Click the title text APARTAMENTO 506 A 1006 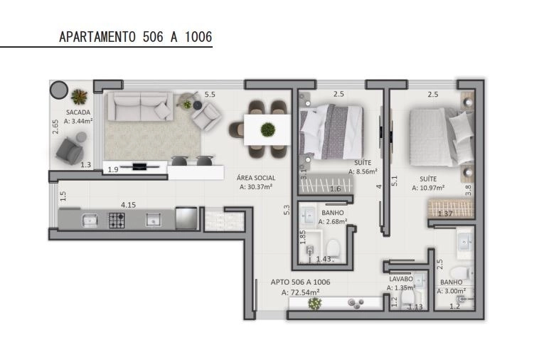click(x=135, y=37)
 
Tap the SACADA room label click(x=78, y=112)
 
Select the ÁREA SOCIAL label click(x=256, y=178)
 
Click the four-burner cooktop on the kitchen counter click(x=117, y=221)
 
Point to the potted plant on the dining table click(x=268, y=129)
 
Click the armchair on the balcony click(x=70, y=151)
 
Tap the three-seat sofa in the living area click(x=140, y=106)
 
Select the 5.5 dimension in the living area click(x=210, y=95)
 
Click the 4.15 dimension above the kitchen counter click(x=128, y=205)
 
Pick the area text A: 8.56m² click(x=363, y=171)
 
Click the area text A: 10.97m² click(x=428, y=188)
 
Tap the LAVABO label click(x=401, y=279)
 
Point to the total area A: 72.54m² click(x=300, y=292)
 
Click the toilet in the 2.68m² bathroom click(x=333, y=248)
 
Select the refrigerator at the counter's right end click(x=186, y=218)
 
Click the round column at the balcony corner click(x=59, y=90)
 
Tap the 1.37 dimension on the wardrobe click(x=445, y=214)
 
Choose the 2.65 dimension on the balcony click(x=55, y=127)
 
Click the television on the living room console click(x=140, y=166)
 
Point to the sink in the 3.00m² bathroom click(x=464, y=240)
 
